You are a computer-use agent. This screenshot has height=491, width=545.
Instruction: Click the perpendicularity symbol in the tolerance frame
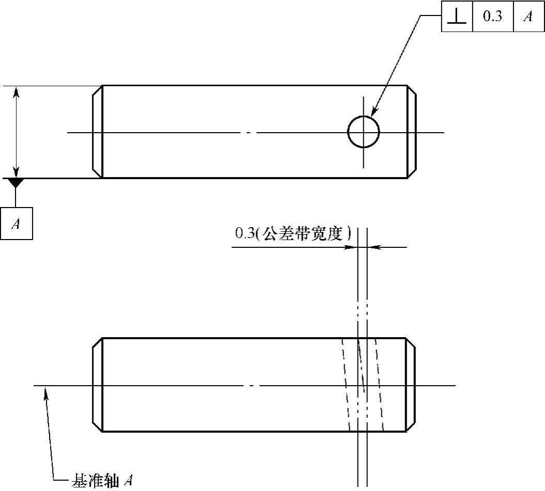click(x=457, y=17)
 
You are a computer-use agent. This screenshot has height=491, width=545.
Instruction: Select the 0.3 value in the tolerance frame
click(x=492, y=17)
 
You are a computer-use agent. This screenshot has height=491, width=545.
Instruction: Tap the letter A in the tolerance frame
click(x=528, y=17)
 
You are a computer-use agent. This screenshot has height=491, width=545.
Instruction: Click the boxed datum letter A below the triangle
click(x=16, y=224)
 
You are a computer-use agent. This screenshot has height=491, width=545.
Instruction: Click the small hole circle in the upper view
click(x=364, y=132)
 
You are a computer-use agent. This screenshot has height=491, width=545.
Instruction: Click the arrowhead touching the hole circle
click(x=374, y=110)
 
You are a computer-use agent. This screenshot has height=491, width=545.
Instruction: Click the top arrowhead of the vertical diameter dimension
click(x=17, y=91)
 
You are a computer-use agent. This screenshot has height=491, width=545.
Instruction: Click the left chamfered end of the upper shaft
click(x=98, y=132)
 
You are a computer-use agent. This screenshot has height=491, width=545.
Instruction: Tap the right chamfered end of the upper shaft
click(x=411, y=132)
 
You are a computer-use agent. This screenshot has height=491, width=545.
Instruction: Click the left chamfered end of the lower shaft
click(x=98, y=385)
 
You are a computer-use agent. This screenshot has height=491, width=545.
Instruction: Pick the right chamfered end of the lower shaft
click(x=411, y=385)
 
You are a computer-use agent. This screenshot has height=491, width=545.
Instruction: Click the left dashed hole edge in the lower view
click(x=346, y=385)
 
